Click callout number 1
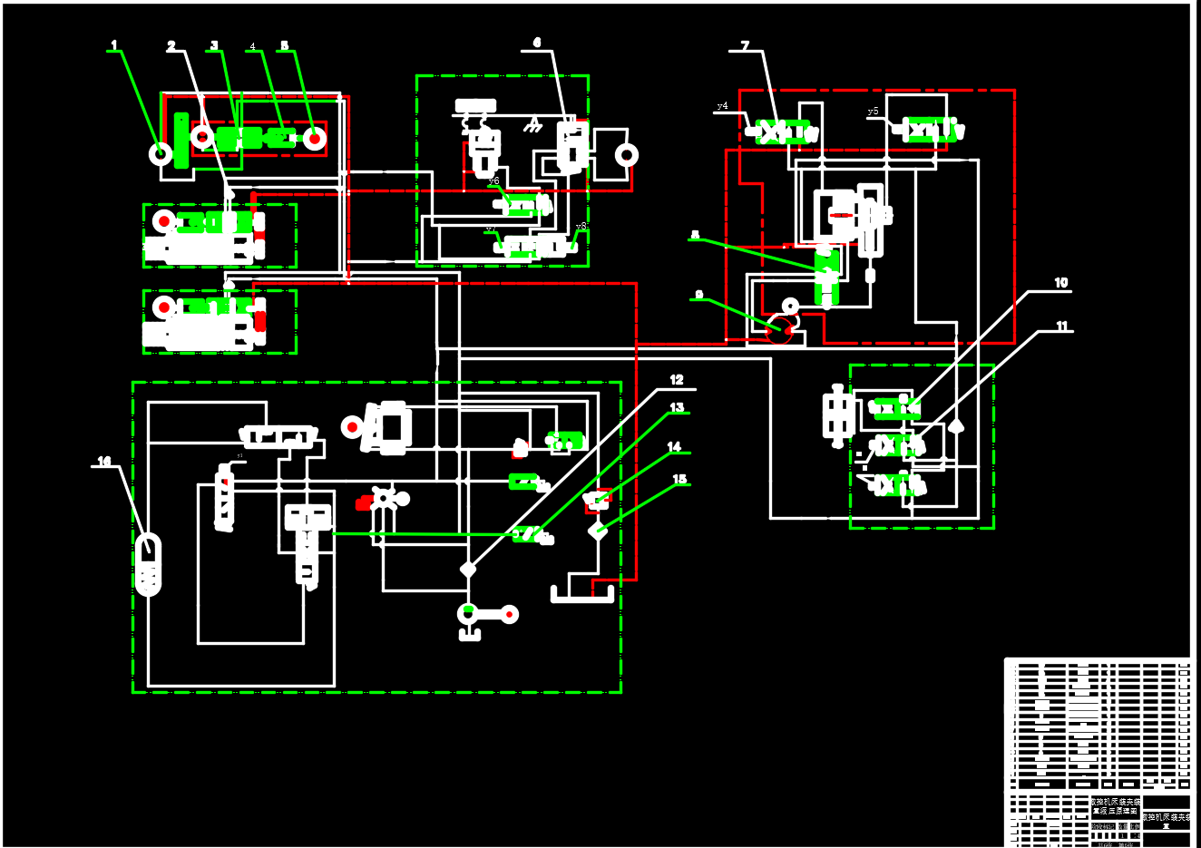(114, 44)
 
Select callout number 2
(171, 46)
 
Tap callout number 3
(214, 45)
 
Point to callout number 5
(284, 45)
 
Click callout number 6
(537, 43)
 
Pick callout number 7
(745, 45)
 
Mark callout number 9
(698, 295)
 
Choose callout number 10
(1060, 283)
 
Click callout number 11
(1061, 326)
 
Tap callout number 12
(677, 379)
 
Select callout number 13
(677, 407)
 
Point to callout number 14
(674, 446)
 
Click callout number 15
(679, 479)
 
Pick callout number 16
(104, 462)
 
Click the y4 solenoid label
(722, 106)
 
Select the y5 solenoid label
(873, 112)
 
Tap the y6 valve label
(493, 181)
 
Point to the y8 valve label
(581, 226)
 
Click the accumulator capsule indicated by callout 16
(148, 565)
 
